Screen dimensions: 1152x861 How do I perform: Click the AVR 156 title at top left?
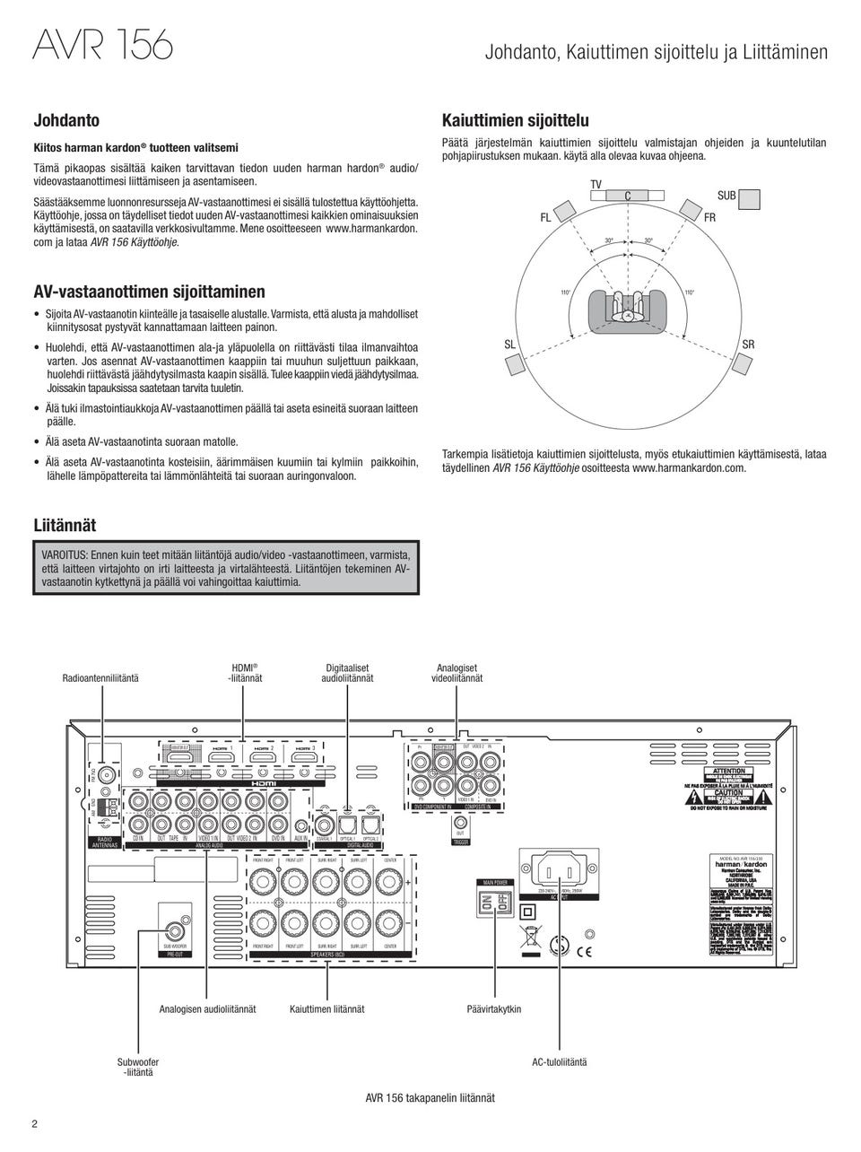[x=102, y=43]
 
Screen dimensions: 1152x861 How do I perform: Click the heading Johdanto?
[x=66, y=120]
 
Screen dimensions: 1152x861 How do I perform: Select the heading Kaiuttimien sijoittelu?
[x=516, y=120]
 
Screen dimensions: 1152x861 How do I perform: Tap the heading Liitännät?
[x=65, y=525]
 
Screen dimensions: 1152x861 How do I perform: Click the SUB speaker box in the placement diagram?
[x=750, y=198]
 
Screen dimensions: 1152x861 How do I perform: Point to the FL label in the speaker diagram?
[x=545, y=218]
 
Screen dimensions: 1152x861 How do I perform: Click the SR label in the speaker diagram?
[x=748, y=345]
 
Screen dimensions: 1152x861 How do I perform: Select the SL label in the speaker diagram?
[x=509, y=345]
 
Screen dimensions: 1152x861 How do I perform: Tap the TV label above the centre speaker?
[x=596, y=185]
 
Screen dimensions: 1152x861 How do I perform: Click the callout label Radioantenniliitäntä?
[x=100, y=678]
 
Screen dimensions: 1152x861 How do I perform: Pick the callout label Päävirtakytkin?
[x=494, y=1008]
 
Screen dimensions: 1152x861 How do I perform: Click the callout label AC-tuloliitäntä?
[x=560, y=1061]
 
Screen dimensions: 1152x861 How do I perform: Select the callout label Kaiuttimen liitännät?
[x=327, y=1008]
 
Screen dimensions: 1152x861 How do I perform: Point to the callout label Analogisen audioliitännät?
[x=207, y=1008]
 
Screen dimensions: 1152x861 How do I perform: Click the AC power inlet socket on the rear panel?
[x=559, y=869]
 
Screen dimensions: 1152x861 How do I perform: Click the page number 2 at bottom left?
[x=35, y=1124]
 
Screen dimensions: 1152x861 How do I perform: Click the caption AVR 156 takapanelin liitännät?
[x=430, y=1097]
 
